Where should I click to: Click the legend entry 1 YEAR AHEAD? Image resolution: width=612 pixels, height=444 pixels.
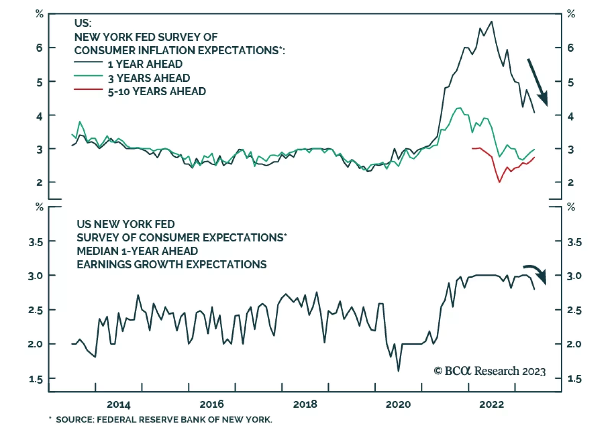click(x=145, y=64)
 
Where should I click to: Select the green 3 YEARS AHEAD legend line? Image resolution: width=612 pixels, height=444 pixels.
click(x=88, y=76)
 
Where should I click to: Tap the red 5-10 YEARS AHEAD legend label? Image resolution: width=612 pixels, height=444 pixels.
click(x=157, y=92)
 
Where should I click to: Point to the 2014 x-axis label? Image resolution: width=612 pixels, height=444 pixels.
click(x=118, y=404)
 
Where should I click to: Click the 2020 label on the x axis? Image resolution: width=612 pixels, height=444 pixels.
click(x=398, y=404)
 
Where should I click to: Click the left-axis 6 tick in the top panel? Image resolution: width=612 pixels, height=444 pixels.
click(x=39, y=48)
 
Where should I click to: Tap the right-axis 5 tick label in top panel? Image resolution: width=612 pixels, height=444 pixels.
click(x=570, y=82)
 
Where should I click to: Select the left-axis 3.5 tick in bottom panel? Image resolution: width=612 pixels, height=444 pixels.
click(x=35, y=242)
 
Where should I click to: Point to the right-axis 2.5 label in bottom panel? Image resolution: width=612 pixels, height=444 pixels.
click(x=574, y=310)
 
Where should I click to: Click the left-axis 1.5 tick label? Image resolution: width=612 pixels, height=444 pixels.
click(x=35, y=379)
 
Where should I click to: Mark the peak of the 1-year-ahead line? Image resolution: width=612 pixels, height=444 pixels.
click(x=492, y=21)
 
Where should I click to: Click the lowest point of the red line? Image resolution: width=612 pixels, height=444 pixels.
click(x=499, y=182)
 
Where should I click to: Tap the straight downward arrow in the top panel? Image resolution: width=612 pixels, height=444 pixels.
click(x=537, y=82)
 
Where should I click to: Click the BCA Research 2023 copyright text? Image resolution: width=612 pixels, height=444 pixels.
click(x=490, y=371)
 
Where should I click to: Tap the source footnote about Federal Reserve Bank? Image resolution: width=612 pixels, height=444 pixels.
click(x=164, y=420)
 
